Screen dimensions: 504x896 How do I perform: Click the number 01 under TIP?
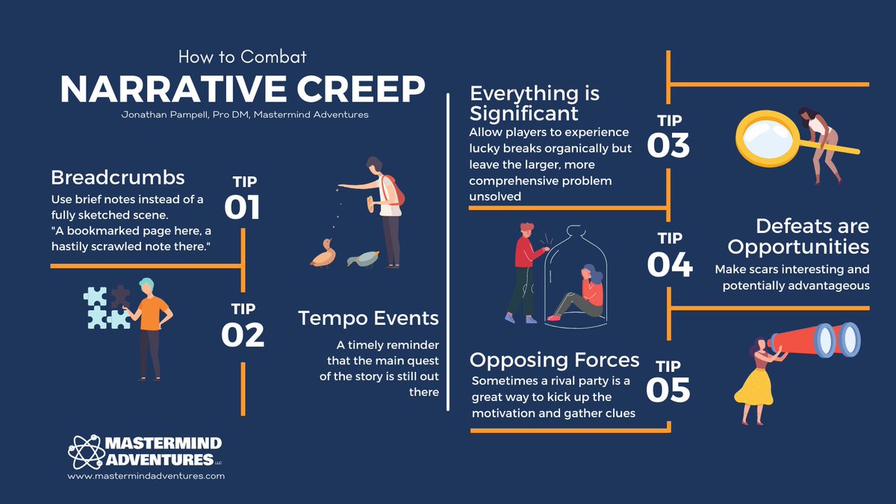point(242,207)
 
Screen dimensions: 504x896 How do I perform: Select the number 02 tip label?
point(243,335)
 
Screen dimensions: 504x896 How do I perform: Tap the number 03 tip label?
point(668,145)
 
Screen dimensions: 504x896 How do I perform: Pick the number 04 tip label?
point(669,264)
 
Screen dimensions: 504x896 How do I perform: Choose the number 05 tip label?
point(669,390)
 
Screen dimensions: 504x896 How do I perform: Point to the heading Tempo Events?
point(368,318)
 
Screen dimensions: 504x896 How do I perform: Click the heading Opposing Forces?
point(554,360)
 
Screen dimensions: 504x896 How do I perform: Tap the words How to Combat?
point(243,56)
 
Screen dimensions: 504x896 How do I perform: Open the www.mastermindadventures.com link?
point(146,475)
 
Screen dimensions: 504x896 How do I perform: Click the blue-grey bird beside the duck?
point(362,258)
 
